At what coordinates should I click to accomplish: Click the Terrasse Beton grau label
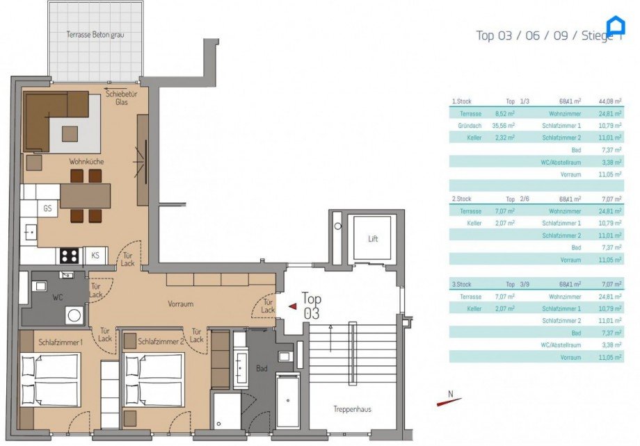click(95, 34)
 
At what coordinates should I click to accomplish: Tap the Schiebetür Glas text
click(121, 97)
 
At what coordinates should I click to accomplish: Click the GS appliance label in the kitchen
click(47, 208)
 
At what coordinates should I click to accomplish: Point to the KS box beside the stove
click(95, 256)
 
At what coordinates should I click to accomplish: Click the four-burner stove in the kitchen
click(69, 256)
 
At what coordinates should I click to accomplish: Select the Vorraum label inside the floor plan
click(180, 304)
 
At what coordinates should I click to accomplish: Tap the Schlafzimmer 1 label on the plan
click(61, 342)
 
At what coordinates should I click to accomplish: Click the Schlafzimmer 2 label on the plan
click(161, 342)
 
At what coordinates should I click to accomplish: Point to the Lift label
click(374, 238)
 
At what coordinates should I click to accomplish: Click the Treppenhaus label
click(352, 409)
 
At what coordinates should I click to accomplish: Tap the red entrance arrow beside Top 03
click(293, 305)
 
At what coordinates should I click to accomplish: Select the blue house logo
click(616, 26)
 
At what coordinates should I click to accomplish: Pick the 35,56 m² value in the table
click(504, 125)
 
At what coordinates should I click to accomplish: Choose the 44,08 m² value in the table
click(612, 101)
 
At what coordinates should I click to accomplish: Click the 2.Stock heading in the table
click(462, 199)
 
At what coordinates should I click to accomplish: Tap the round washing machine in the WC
click(74, 315)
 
